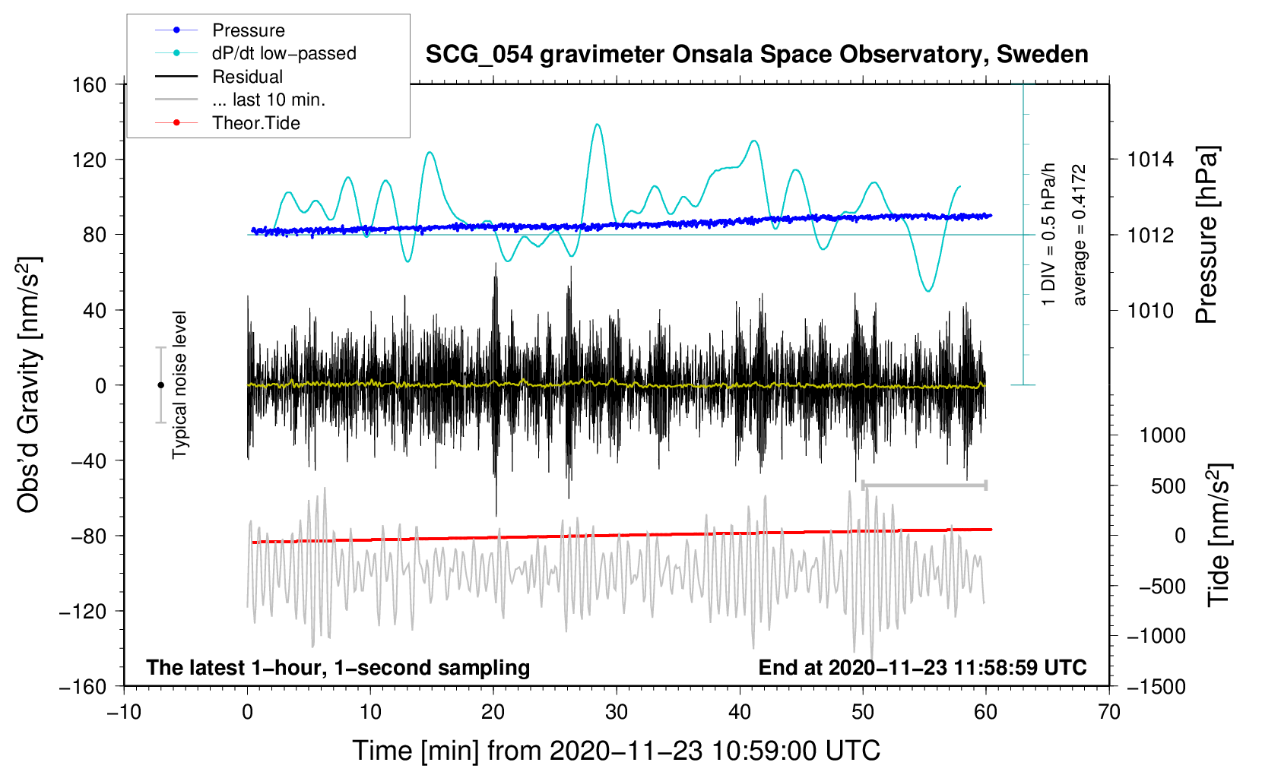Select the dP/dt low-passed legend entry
point(284,53)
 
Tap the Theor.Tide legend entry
point(255,123)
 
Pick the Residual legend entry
point(247,77)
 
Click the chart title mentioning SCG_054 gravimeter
point(756,55)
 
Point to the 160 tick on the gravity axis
point(90,84)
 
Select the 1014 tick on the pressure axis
point(1150,160)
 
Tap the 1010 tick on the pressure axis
point(1150,310)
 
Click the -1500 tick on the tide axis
point(1156,686)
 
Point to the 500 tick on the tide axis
point(1168,486)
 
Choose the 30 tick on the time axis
point(617,712)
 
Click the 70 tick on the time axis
point(1109,712)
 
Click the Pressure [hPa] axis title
point(1207,235)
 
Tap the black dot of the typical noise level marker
point(160,385)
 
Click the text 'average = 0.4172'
point(1080,235)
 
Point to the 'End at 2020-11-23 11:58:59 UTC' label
point(922,667)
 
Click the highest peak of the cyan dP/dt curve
point(598,125)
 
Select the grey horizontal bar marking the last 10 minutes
point(924,485)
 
